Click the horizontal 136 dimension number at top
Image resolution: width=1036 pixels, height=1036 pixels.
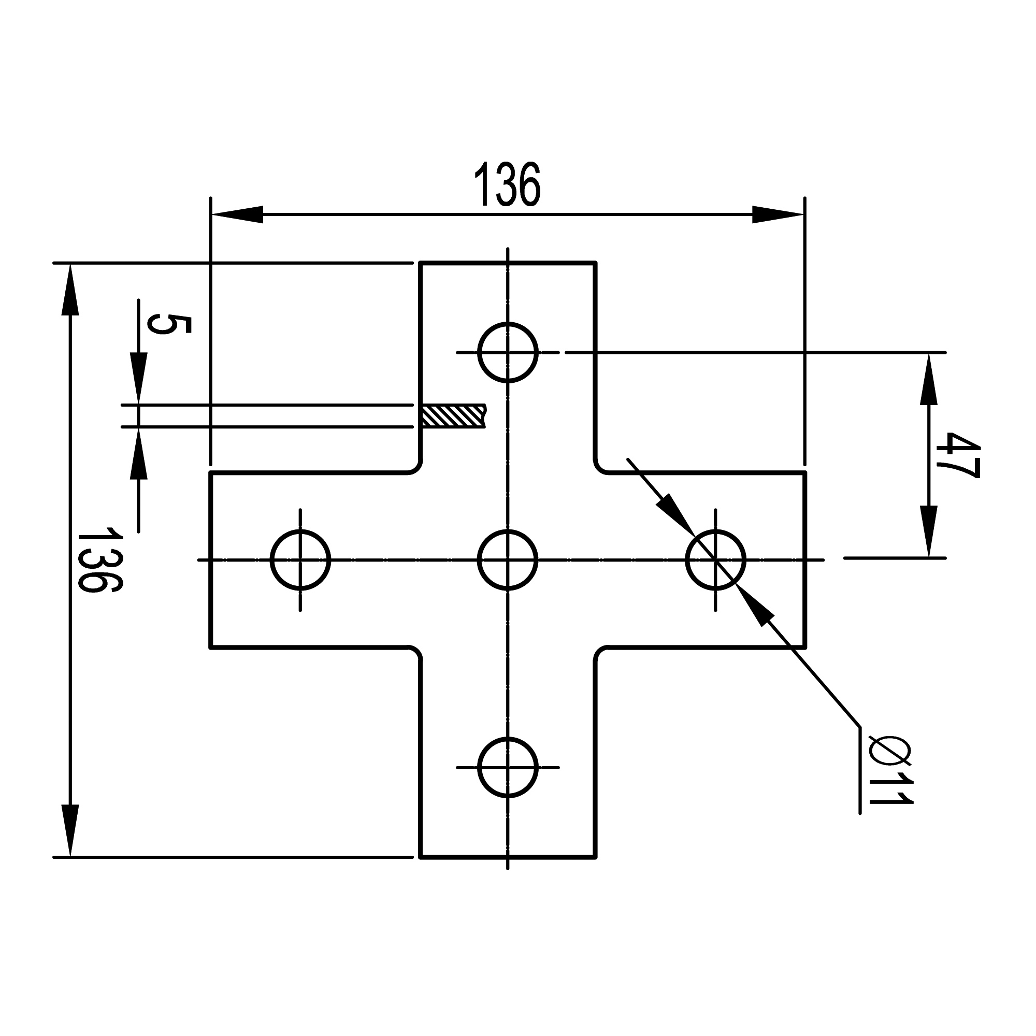coord(507,184)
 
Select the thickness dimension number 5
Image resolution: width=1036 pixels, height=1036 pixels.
coord(168,325)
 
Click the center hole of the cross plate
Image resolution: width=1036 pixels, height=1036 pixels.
coord(507,560)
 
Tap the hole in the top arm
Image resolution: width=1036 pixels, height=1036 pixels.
coord(507,352)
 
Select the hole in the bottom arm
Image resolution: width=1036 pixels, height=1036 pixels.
coord(507,767)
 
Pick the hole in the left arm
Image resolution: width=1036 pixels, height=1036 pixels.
coord(300,560)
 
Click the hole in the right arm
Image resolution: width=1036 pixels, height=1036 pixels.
coord(715,560)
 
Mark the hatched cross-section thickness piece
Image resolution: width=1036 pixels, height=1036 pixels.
coord(453,416)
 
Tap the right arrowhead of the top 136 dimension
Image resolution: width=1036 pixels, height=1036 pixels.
coord(778,214)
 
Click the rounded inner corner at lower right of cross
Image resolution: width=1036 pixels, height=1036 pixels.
coord(600,653)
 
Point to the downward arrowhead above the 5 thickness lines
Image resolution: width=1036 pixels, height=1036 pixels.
coord(139,378)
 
